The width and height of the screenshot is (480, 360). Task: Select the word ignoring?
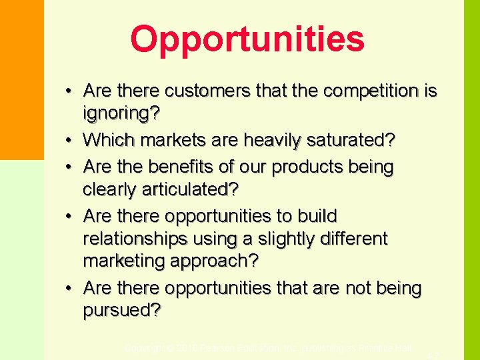(121, 113)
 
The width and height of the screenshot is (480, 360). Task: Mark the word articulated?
(189, 189)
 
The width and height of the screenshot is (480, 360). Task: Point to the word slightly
(287, 239)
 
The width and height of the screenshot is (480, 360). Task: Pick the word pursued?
(122, 311)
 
